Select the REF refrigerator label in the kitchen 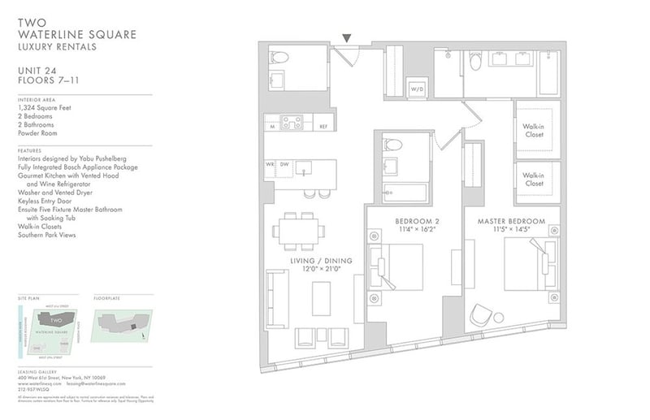(x=323, y=127)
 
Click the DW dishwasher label (x=284, y=164)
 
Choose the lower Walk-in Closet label (x=533, y=180)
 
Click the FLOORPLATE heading (x=107, y=298)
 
